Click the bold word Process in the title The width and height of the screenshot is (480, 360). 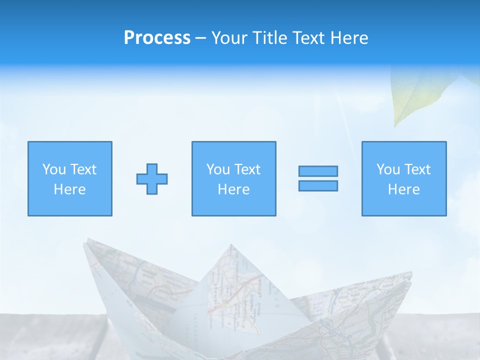[x=157, y=38]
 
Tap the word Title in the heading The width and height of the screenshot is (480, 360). [x=270, y=38]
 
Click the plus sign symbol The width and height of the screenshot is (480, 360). [x=152, y=179]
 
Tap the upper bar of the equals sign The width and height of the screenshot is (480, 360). [x=318, y=171]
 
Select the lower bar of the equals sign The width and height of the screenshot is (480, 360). [x=318, y=185]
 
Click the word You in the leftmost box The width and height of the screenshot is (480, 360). [x=54, y=169]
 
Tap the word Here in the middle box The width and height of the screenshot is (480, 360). [x=233, y=189]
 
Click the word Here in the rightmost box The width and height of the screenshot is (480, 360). [x=403, y=189]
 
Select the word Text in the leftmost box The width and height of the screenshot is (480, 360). [x=83, y=169]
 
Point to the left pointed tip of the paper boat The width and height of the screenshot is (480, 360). [x=86, y=241]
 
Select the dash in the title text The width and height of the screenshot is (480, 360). [x=200, y=38]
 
